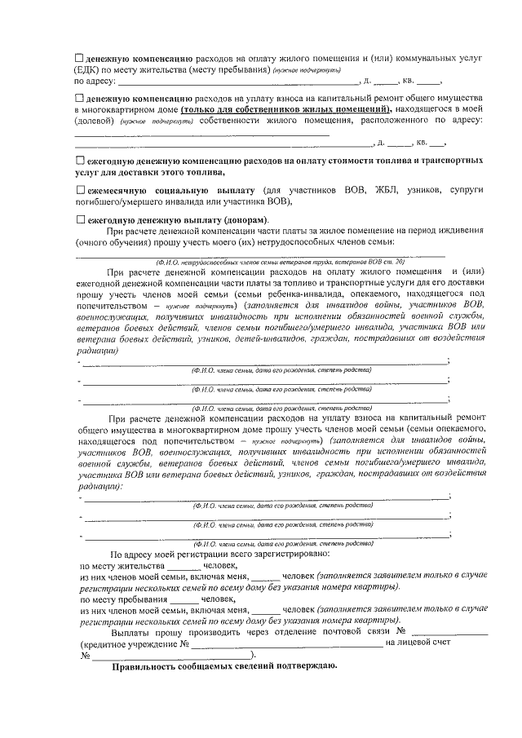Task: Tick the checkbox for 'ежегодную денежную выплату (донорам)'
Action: click(79, 220)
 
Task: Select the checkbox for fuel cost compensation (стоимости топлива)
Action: click(79, 161)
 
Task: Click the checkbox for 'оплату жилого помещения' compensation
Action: click(79, 59)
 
